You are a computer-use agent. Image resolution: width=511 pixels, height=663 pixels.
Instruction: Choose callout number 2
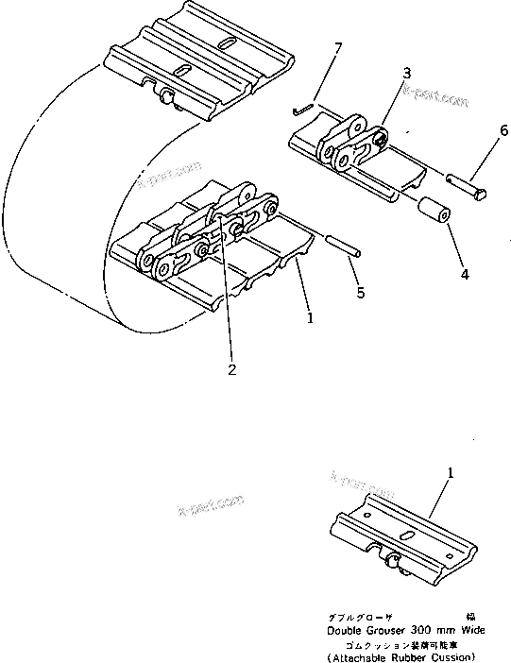click(x=232, y=369)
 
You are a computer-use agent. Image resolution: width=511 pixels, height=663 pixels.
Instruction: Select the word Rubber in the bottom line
click(x=413, y=656)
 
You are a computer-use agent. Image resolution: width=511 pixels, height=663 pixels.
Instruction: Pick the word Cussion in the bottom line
click(x=457, y=656)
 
